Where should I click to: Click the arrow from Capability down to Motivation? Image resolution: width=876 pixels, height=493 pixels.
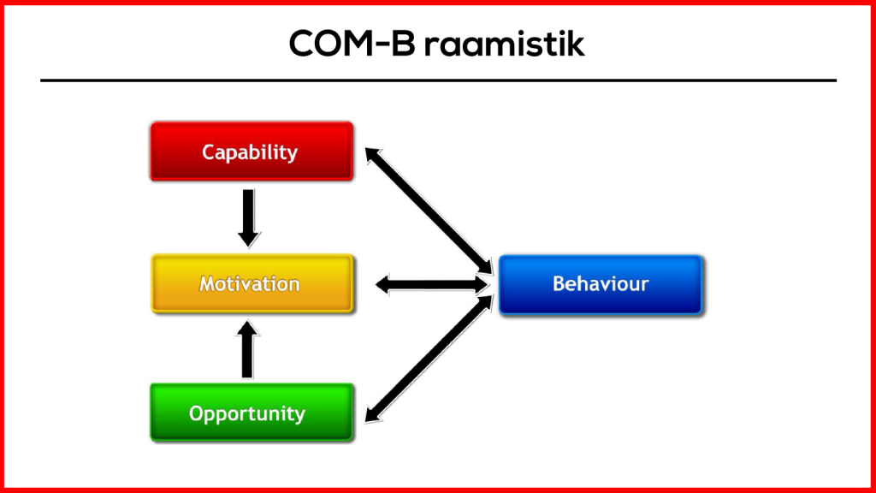coord(248,216)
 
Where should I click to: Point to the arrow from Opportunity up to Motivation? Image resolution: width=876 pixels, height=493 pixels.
coord(248,349)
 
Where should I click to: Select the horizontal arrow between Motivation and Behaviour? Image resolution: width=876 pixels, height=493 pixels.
coord(431,284)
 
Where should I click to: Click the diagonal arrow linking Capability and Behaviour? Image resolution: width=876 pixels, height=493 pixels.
coord(428,211)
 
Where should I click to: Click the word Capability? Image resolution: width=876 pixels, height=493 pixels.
coord(250,152)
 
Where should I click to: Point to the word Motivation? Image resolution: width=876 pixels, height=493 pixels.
coord(250,283)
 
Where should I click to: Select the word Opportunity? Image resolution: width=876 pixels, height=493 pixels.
coord(247,414)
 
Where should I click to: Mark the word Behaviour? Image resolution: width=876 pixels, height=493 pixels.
coord(601,283)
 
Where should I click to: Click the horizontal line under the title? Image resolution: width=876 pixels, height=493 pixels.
coord(438,80)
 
